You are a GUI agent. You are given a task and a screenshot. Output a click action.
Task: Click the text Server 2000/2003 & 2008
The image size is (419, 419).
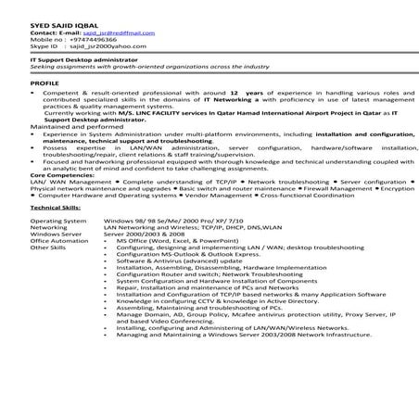(147, 235)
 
